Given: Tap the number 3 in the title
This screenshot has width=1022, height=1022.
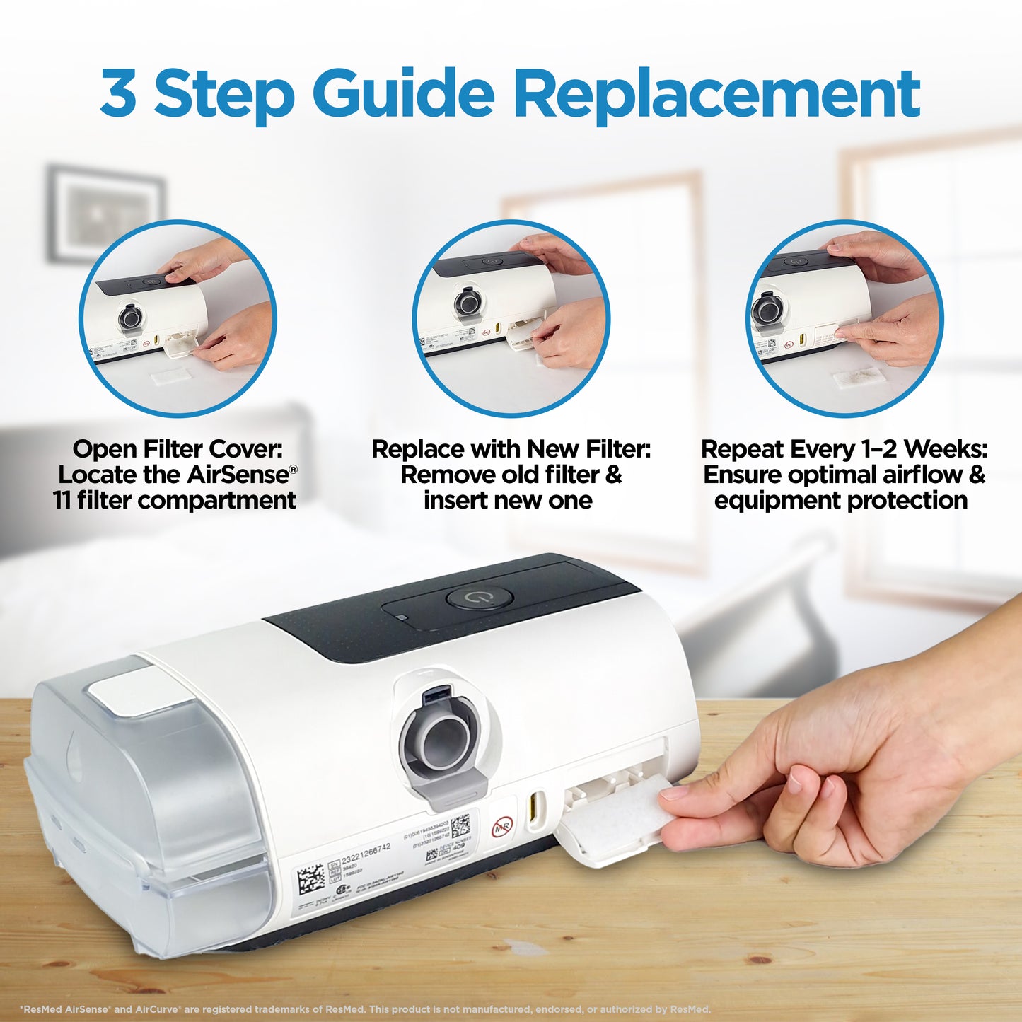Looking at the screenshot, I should point(118,93).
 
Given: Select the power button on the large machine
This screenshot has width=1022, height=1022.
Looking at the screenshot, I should point(479,598).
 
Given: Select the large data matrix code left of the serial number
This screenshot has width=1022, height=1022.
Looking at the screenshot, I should point(310,879).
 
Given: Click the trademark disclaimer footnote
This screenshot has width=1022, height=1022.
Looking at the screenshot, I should point(365,1009).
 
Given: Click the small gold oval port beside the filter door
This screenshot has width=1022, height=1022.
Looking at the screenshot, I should point(535,803).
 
